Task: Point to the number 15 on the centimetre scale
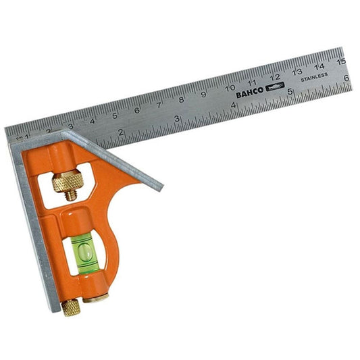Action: click(341, 60)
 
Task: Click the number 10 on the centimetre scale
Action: click(230, 87)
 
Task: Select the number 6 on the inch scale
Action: click(346, 77)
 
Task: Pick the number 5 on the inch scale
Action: click(290, 91)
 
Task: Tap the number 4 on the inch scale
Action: click(233, 105)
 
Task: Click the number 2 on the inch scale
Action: click(121, 132)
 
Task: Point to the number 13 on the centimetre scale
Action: click(297, 71)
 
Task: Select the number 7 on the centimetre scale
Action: click(159, 104)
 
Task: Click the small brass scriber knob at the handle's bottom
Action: click(70, 307)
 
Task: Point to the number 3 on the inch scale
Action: click(177, 118)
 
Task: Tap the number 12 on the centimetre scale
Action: click(274, 76)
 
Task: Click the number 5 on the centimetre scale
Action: click(115, 115)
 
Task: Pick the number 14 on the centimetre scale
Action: click(319, 66)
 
